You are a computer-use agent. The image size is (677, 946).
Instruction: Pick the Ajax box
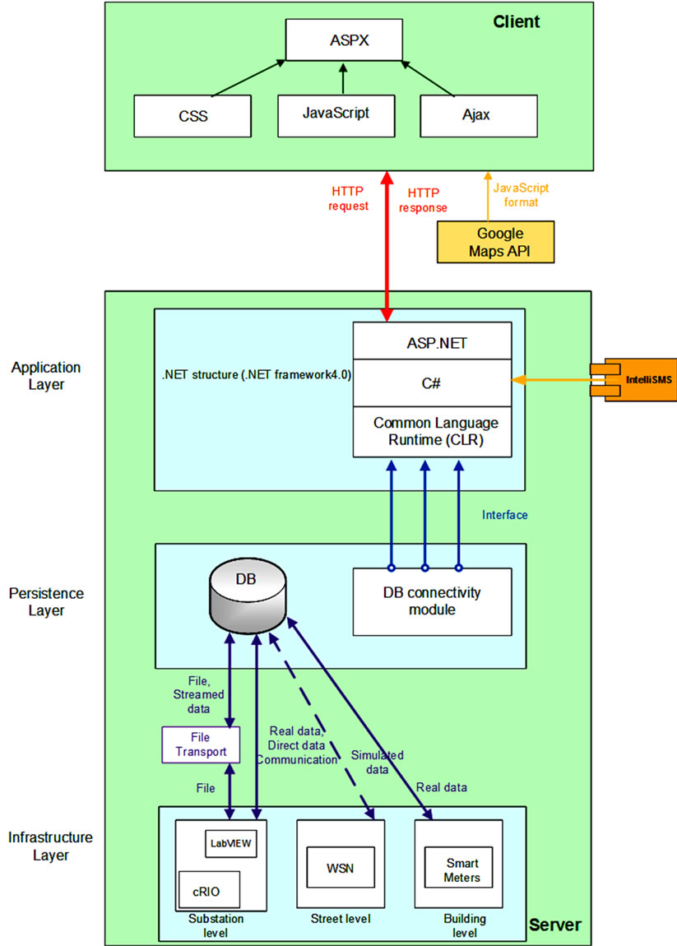point(475,116)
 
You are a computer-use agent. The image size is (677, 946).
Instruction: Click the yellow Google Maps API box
point(497,242)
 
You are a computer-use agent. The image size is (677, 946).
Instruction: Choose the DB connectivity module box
point(432,601)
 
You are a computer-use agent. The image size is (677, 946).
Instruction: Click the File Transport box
point(201,745)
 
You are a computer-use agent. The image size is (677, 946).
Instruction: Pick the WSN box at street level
point(340,869)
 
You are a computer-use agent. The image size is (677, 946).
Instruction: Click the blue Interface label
point(505,516)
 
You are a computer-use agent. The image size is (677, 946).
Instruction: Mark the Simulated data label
point(377,761)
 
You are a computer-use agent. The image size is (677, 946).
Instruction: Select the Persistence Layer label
point(46,601)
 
